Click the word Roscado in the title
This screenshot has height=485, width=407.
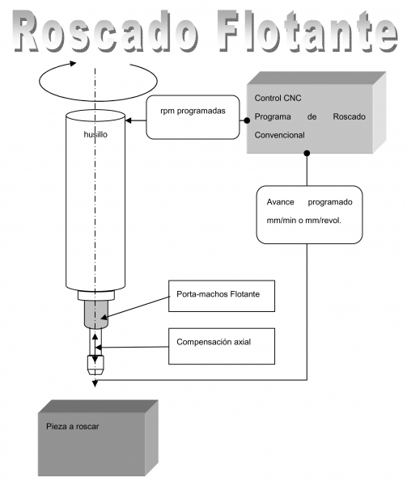[106, 31]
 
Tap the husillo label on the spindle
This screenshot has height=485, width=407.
[95, 134]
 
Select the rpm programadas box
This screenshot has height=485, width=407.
[193, 117]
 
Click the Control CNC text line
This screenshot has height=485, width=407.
[278, 98]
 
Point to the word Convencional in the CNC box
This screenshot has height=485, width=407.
[279, 135]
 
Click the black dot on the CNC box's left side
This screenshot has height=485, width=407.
[247, 120]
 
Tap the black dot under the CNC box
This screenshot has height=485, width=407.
[307, 153]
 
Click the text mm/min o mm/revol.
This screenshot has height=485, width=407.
[303, 221]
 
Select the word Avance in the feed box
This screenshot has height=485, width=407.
[280, 202]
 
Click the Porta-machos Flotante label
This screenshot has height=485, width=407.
[218, 294]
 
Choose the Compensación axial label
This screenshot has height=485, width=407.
[214, 342]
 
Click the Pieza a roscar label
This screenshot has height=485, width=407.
[73, 427]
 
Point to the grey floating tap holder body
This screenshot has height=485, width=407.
[96, 314]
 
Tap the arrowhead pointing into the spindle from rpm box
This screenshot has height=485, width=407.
[128, 120]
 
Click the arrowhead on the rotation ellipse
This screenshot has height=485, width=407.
[73, 63]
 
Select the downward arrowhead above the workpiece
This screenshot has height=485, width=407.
[95, 384]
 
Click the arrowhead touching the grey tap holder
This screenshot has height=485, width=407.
[104, 317]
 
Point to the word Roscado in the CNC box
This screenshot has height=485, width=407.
[349, 116]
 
